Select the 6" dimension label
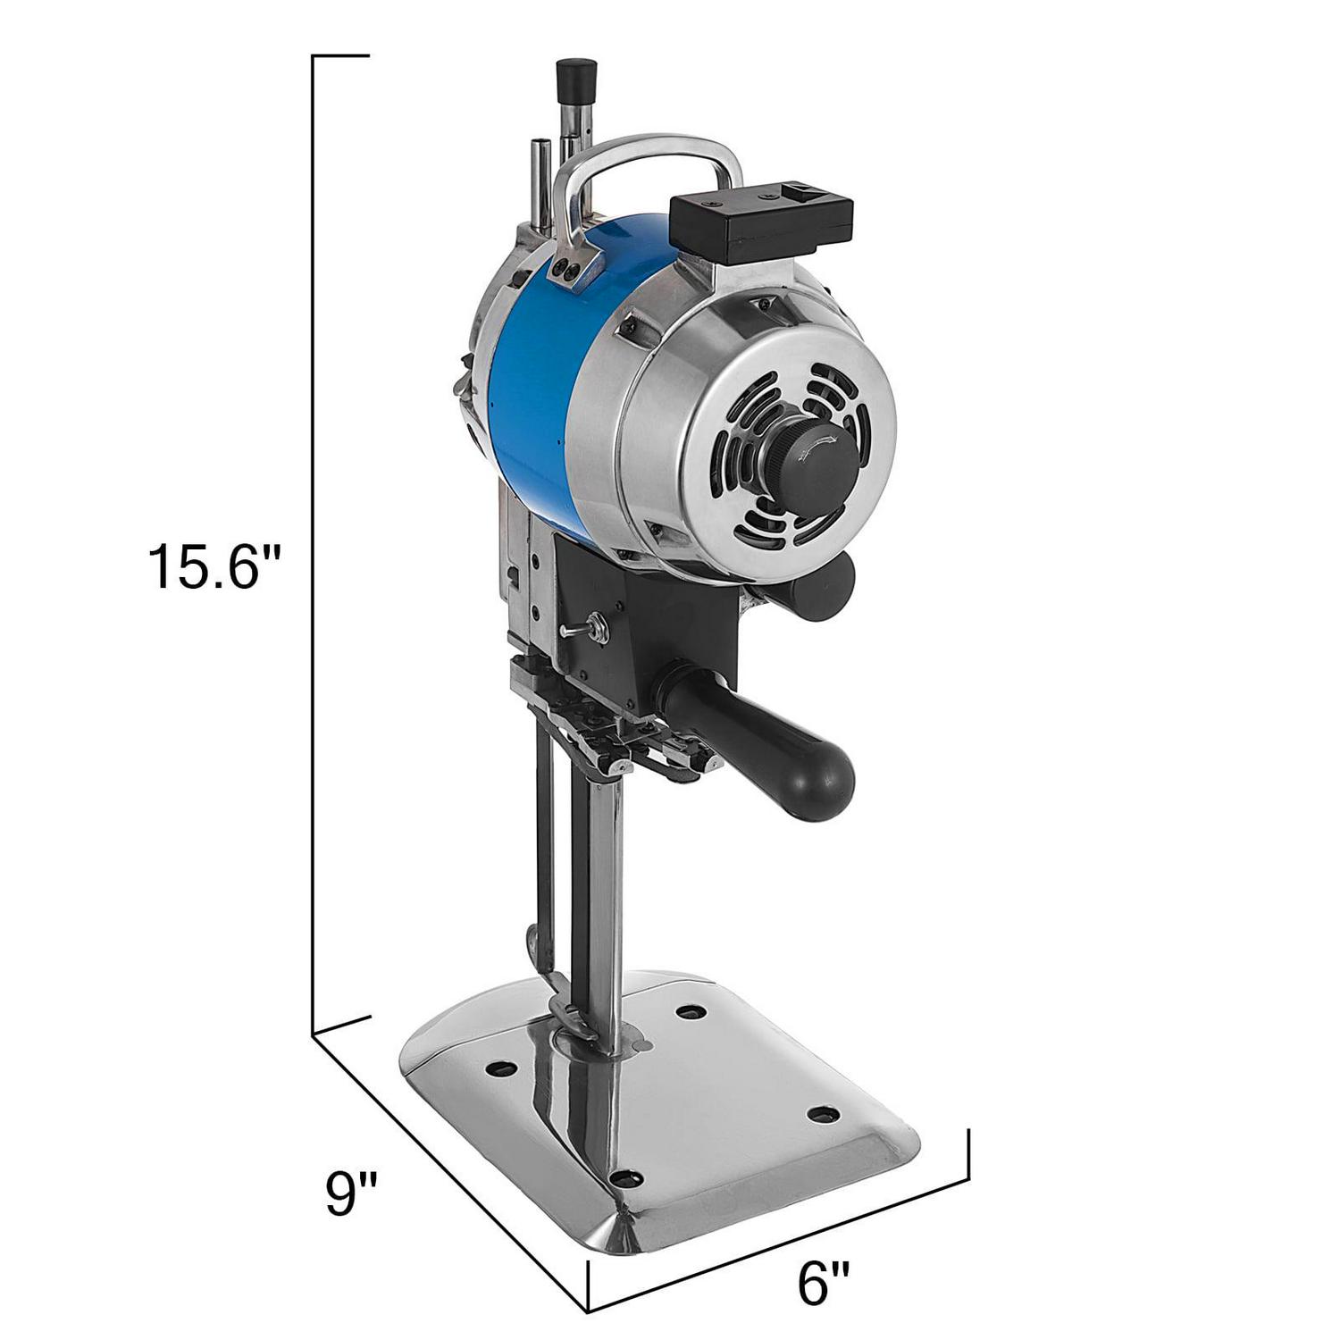pyautogui.click(x=823, y=1284)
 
